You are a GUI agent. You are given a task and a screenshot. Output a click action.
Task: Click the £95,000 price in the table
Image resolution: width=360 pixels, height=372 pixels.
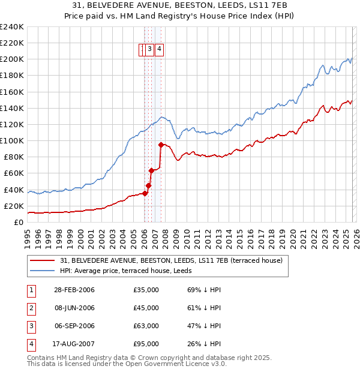(x=146, y=344)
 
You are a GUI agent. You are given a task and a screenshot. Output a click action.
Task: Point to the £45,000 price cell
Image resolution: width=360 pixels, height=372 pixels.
(x=146, y=308)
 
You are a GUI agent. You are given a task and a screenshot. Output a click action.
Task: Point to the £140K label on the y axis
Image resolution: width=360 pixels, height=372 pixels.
(x=12, y=108)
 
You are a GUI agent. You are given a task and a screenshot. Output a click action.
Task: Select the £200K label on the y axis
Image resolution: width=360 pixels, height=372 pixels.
(x=12, y=59)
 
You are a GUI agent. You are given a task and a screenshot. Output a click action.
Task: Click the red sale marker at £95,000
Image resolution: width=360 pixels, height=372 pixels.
(x=161, y=145)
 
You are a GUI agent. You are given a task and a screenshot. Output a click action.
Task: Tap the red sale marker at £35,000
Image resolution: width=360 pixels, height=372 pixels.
(x=145, y=193)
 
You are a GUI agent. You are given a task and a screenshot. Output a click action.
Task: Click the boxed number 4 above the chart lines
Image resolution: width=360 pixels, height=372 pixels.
(x=160, y=50)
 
